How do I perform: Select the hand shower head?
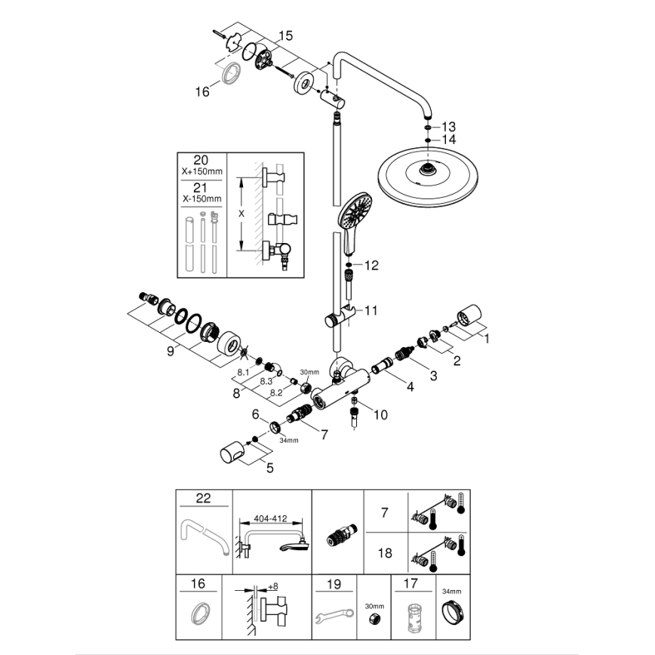tap(355, 212)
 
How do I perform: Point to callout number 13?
tap(449, 126)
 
